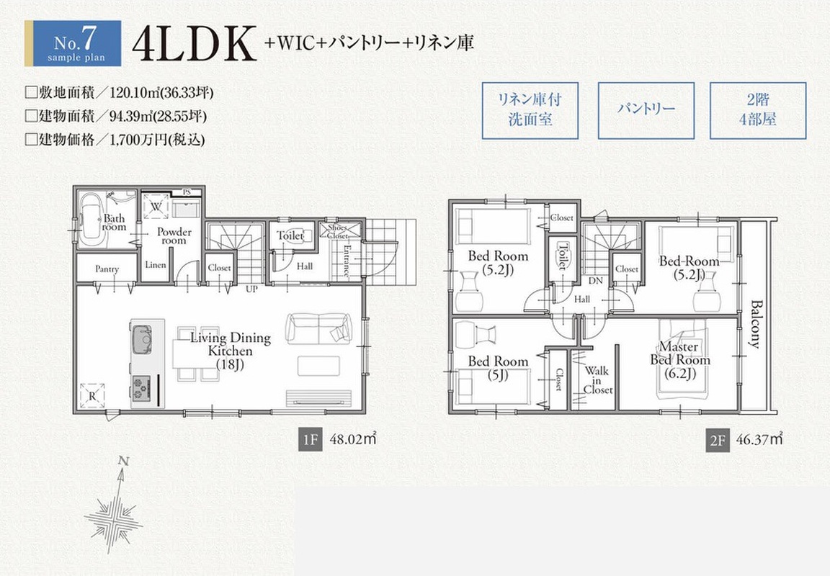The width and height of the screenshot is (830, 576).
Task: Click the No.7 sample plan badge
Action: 73,43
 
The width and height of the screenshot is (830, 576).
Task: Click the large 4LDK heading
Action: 194,43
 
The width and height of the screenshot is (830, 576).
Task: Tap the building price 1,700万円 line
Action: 115,140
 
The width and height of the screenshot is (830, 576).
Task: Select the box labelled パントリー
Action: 646,110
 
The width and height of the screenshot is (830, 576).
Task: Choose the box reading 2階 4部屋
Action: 757,110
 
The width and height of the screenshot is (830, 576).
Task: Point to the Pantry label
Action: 107,269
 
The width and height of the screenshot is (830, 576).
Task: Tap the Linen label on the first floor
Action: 156,265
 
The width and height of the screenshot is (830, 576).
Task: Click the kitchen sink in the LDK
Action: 142,339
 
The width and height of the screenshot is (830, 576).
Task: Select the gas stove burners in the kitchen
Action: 140,389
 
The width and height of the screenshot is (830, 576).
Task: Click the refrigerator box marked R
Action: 92,395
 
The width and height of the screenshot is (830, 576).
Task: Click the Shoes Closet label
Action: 338,232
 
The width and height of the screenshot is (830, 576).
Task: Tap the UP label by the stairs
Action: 251,289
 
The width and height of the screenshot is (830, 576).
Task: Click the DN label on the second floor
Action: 596,281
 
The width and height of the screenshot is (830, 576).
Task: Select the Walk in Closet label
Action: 597,380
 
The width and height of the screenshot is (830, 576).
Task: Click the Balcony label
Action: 756,324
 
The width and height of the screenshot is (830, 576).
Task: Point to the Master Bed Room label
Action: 680,360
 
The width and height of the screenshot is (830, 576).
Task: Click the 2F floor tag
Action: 717,440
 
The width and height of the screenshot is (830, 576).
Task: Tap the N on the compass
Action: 123,462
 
